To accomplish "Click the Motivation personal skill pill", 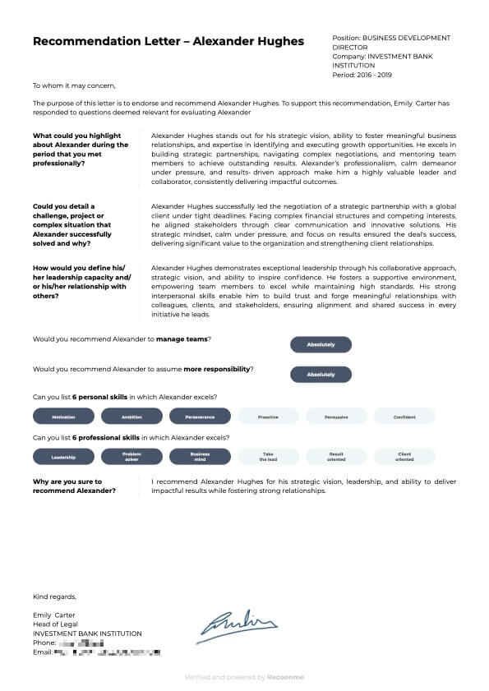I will coord(63,417).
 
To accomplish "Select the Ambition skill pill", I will coord(131,417).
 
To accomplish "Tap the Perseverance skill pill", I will coord(200,417).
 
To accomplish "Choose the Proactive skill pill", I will coord(268,417).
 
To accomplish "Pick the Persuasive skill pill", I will coord(336,417).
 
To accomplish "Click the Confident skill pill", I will coord(404,417).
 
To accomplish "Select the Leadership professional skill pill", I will coord(63,456).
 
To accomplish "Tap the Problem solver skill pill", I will coord(131,456).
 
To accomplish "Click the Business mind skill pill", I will coord(200,456).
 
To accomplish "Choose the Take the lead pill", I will coord(268,456).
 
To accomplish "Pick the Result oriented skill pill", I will coord(336,456).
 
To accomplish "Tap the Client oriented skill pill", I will coord(404,456).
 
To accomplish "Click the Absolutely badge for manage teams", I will coord(321,345).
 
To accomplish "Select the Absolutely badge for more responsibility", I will coord(321,375).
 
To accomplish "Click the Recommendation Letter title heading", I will coord(168,42).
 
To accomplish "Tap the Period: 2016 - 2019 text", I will coord(362,75).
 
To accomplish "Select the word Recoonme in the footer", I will coord(285,678).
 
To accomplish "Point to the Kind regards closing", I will coord(54,597).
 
